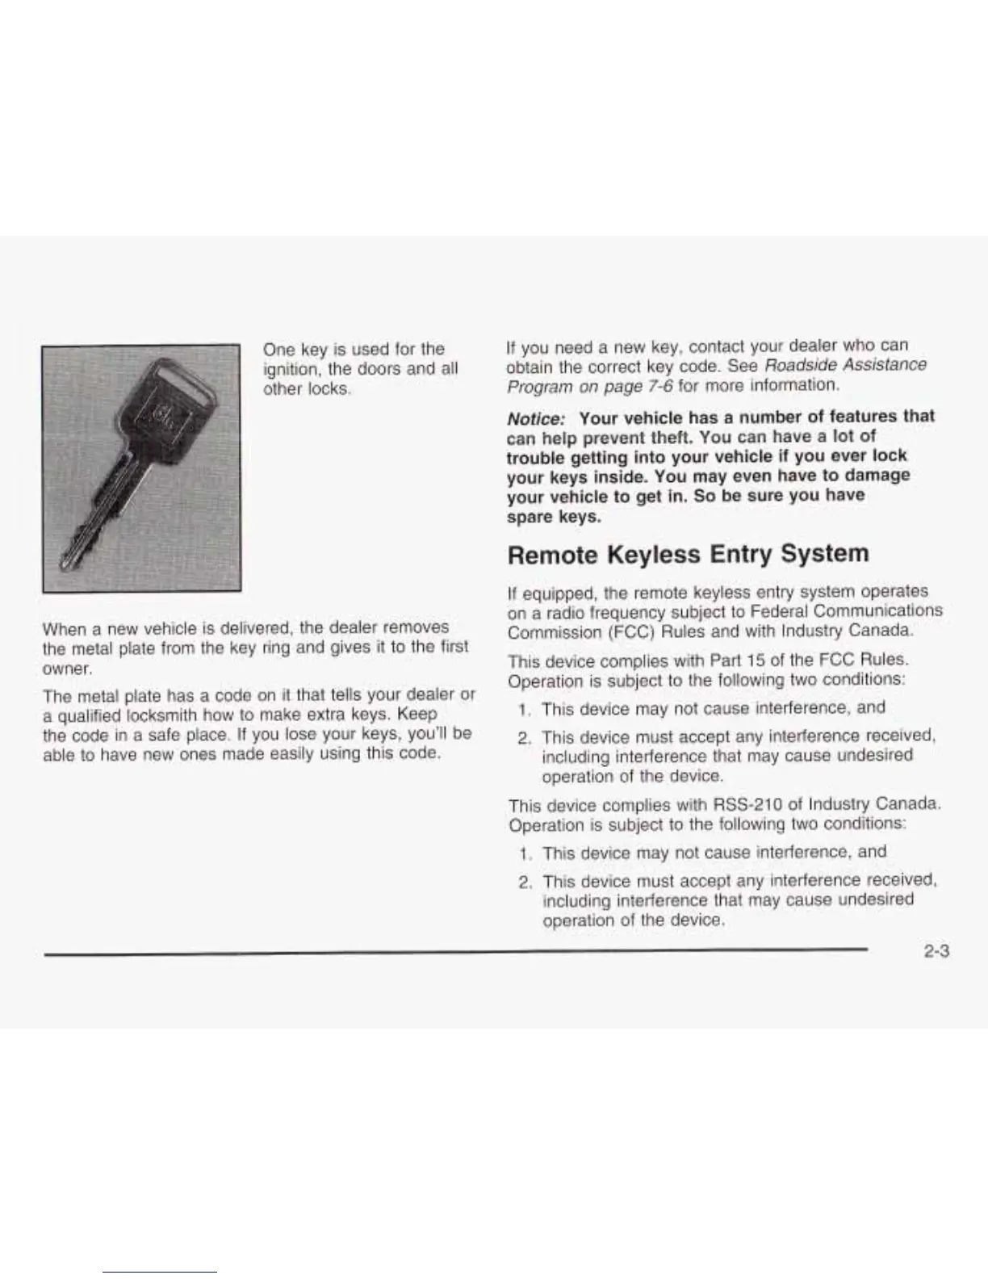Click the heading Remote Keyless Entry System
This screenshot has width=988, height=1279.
[x=688, y=554]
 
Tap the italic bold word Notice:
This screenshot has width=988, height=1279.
[x=536, y=418]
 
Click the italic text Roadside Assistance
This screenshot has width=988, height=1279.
[x=845, y=365]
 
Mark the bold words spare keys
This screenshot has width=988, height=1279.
[x=554, y=516]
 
